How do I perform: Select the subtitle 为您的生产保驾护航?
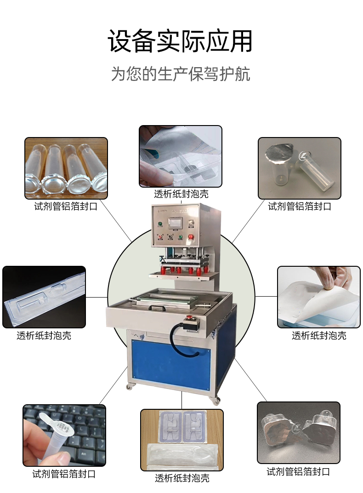point(181,74)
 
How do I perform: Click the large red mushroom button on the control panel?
point(190,237)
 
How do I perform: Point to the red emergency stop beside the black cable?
point(190,318)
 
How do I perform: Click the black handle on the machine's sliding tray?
point(157,308)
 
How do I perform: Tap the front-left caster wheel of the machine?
point(130,387)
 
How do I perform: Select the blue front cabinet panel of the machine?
point(171,365)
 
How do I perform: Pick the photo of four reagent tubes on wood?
point(66,168)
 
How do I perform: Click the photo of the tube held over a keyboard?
point(64,436)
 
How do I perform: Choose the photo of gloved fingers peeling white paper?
point(319,297)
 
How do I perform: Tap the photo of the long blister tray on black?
point(44,297)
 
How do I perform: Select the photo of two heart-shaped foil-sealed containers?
point(299,433)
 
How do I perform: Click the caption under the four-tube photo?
point(66,206)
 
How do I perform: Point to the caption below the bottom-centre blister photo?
point(182,478)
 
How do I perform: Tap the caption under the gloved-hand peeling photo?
point(319,336)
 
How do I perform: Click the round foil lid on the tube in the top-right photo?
point(279,153)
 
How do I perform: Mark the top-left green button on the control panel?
point(160,224)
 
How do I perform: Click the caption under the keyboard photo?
point(64,474)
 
